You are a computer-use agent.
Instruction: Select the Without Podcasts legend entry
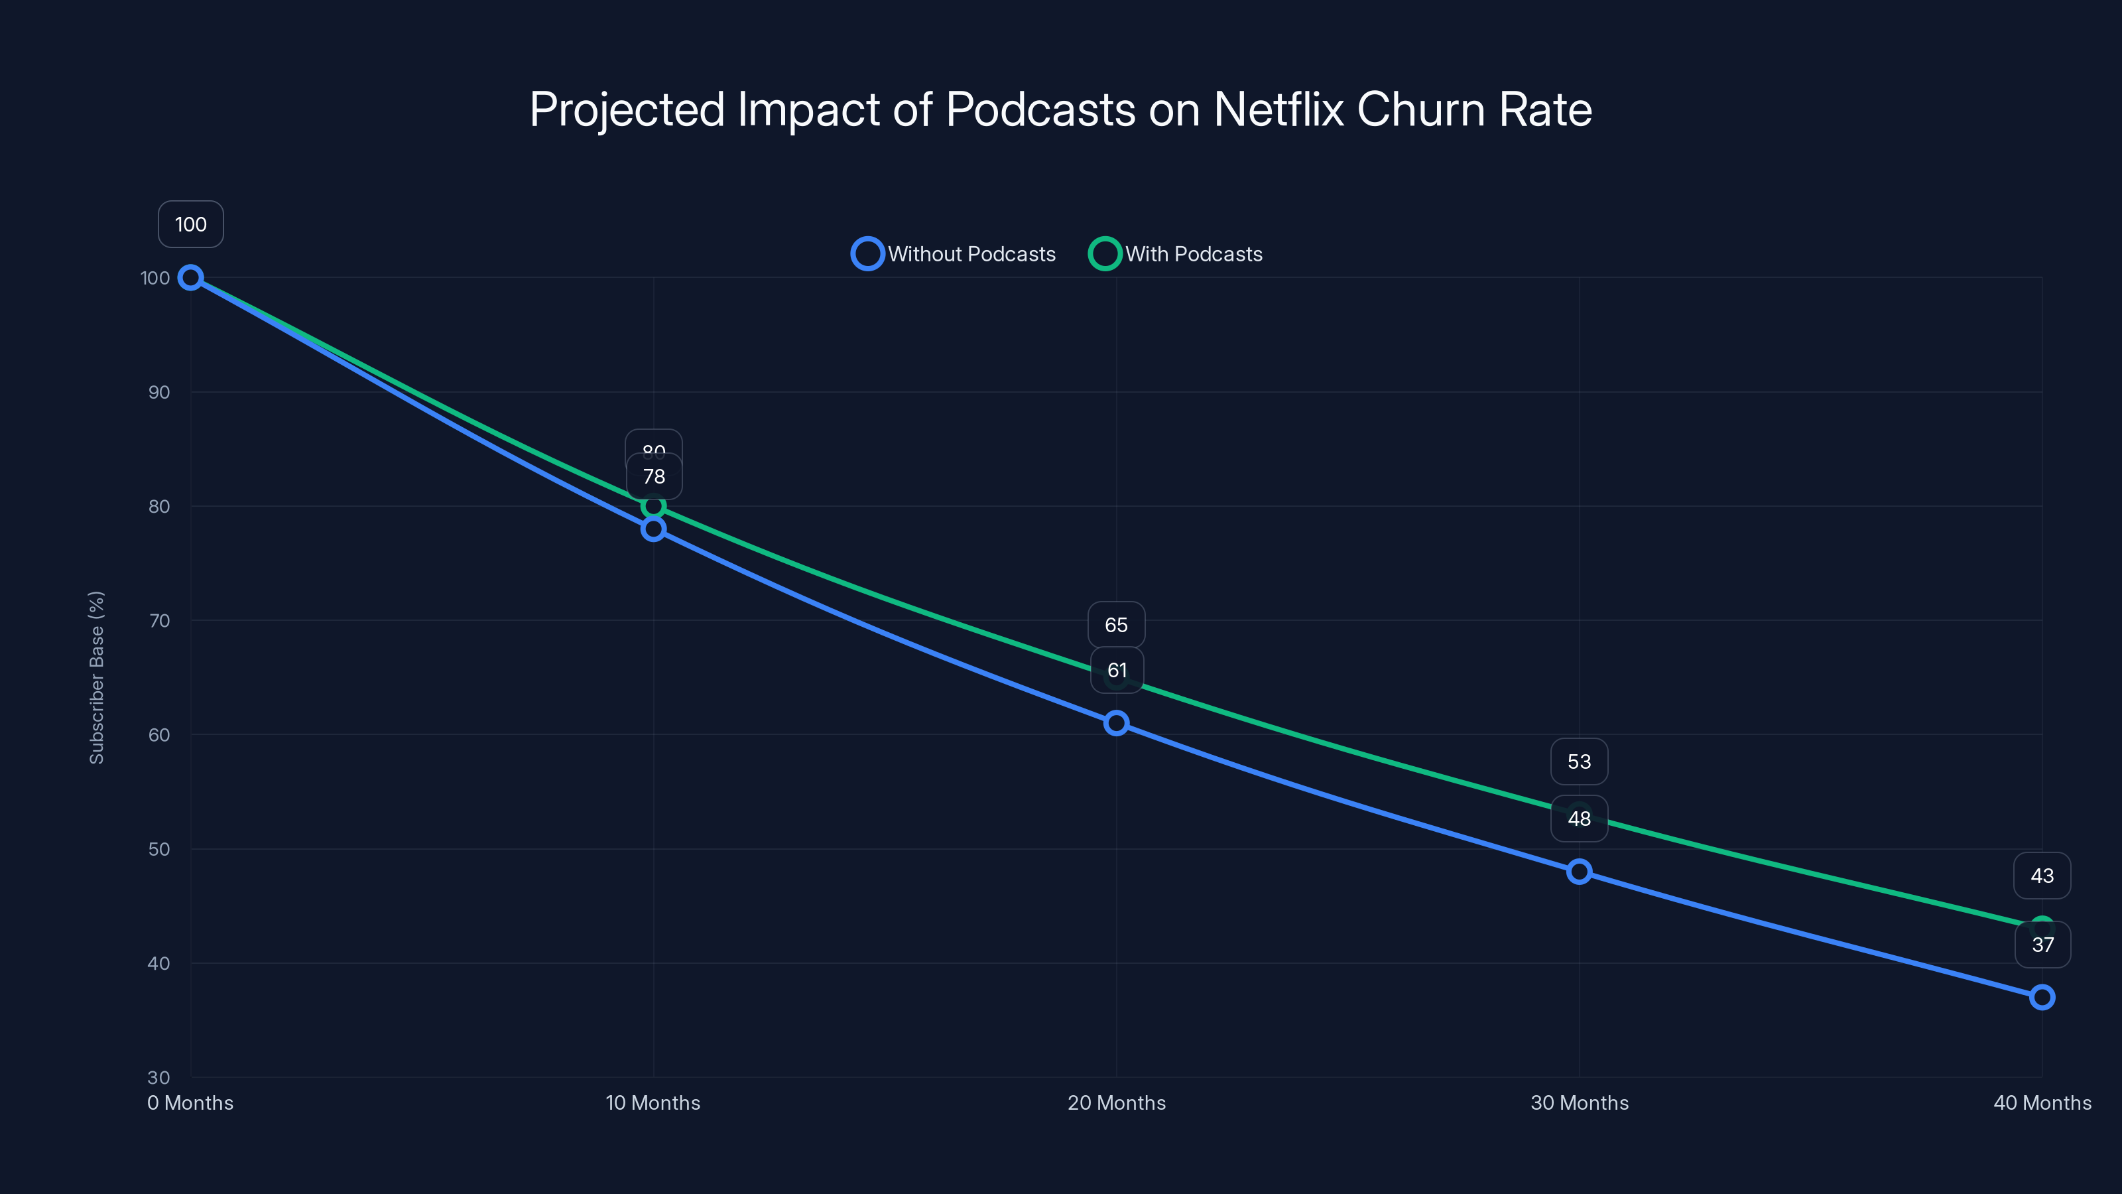coord(954,254)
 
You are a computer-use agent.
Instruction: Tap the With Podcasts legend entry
coord(1176,254)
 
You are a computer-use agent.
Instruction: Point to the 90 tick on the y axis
coord(159,392)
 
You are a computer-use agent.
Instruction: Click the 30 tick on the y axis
coord(159,1077)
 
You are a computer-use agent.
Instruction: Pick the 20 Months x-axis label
coord(1116,1102)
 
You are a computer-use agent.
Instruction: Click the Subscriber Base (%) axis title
coord(96,677)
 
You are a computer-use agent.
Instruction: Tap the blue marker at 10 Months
coord(653,529)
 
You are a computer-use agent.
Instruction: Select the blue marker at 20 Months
coord(1116,724)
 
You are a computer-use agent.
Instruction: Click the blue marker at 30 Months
coord(1579,872)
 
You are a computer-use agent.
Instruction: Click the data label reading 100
coord(190,224)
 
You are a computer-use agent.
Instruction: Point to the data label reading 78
coord(653,476)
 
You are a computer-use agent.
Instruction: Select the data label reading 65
coord(1116,625)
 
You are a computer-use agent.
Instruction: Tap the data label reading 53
coord(1579,762)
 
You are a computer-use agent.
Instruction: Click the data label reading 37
coord(2042,945)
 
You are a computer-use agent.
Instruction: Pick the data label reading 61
coord(1116,671)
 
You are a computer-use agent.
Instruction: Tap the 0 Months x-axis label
coord(190,1102)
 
